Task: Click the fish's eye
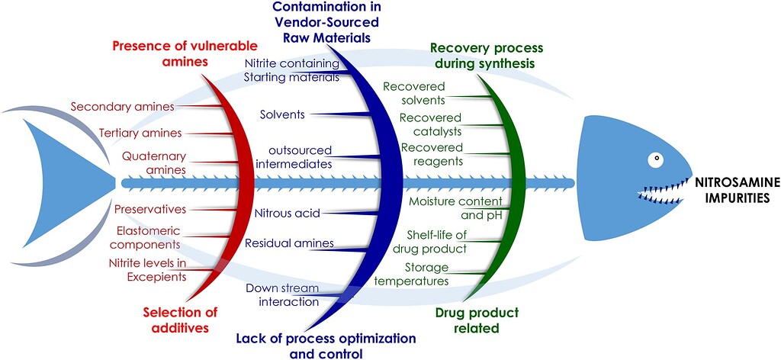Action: (655, 160)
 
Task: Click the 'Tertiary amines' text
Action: (140, 133)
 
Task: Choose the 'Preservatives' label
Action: (150, 209)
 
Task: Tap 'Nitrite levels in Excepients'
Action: (148, 270)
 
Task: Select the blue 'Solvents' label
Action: (282, 114)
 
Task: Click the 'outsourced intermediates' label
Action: (283, 156)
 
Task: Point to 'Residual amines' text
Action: (278, 243)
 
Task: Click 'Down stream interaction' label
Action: (282, 294)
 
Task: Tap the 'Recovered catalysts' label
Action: (431, 124)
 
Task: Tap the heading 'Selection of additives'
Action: (181, 320)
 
